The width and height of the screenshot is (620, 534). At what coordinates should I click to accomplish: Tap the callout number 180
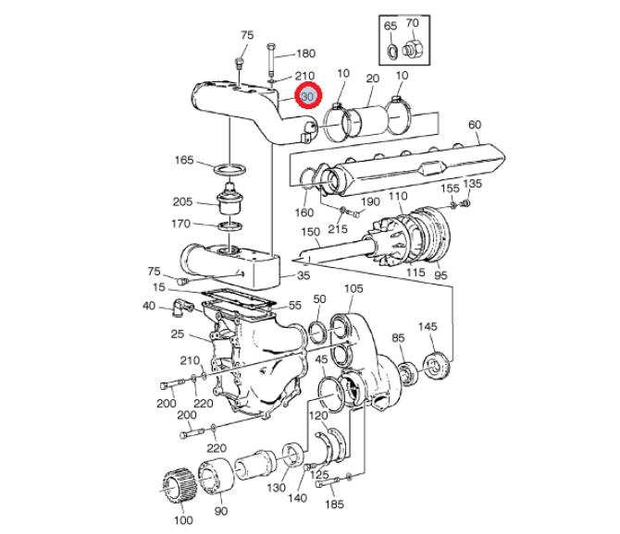(x=305, y=54)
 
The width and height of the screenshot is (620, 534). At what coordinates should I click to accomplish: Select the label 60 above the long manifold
(x=475, y=125)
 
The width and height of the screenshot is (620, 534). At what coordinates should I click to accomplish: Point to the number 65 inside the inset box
(x=391, y=26)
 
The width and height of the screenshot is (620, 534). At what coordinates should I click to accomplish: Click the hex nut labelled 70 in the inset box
(x=413, y=49)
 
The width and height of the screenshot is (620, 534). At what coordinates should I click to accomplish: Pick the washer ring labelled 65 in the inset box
(x=392, y=52)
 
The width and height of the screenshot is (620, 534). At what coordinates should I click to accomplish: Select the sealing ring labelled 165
(x=229, y=169)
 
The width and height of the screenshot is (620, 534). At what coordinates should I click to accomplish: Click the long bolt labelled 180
(x=271, y=59)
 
